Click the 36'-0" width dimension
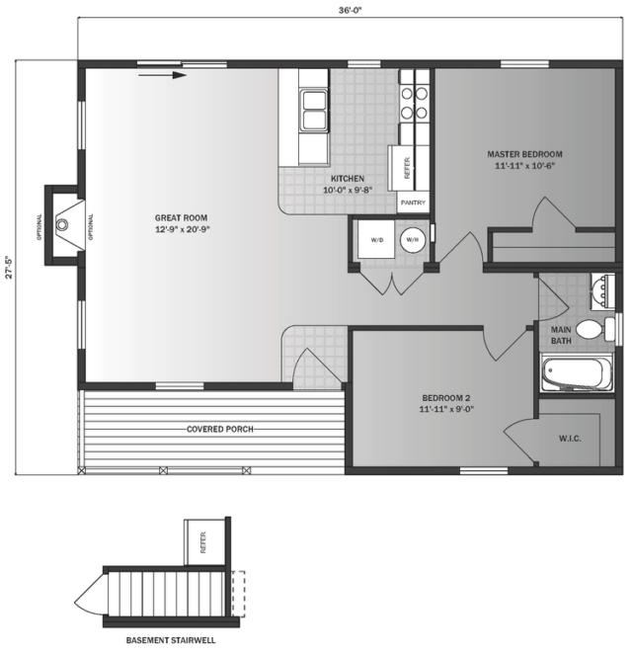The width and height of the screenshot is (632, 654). pos(350,11)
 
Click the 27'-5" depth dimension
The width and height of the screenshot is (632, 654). pos(10,267)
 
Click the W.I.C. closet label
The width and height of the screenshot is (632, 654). pos(570,439)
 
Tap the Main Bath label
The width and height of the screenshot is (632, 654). pos(561,335)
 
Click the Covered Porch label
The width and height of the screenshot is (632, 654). pos(219,429)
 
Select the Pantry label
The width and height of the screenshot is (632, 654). pos(413,203)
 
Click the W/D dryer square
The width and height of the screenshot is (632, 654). pos(376,239)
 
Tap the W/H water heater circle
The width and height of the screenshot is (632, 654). pos(413,240)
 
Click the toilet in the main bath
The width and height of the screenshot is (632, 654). pos(595,329)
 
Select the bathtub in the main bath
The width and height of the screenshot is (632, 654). pos(578,372)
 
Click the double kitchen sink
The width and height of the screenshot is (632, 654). pos(314,111)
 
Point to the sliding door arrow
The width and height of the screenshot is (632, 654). pos(162,75)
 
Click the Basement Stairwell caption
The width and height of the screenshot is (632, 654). pos(171,640)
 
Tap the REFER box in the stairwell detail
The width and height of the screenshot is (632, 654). pos(204,542)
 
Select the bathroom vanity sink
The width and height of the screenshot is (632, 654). pos(602,292)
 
